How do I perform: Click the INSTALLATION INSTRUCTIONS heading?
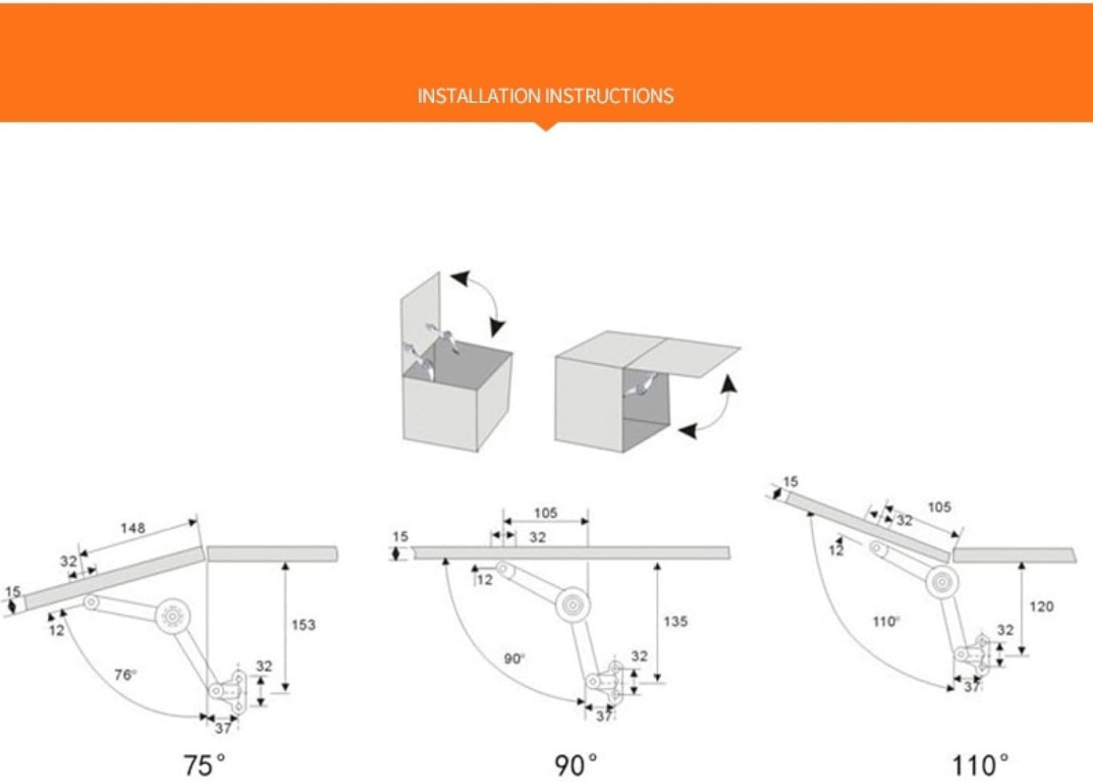point(545,95)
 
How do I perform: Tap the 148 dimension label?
point(133,528)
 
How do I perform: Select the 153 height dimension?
point(303,625)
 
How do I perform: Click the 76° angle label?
point(125,675)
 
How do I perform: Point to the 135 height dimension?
point(675,622)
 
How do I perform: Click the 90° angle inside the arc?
point(514,659)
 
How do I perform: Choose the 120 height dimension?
point(1041,606)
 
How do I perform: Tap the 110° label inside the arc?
point(886,622)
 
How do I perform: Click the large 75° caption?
point(203,765)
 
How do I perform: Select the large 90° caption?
point(575,765)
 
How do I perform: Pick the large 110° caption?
point(980,765)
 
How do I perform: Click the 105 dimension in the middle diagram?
point(545,513)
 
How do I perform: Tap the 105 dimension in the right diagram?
point(939,507)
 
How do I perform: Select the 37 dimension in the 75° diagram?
point(223,727)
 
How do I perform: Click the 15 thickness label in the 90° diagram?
point(400,537)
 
